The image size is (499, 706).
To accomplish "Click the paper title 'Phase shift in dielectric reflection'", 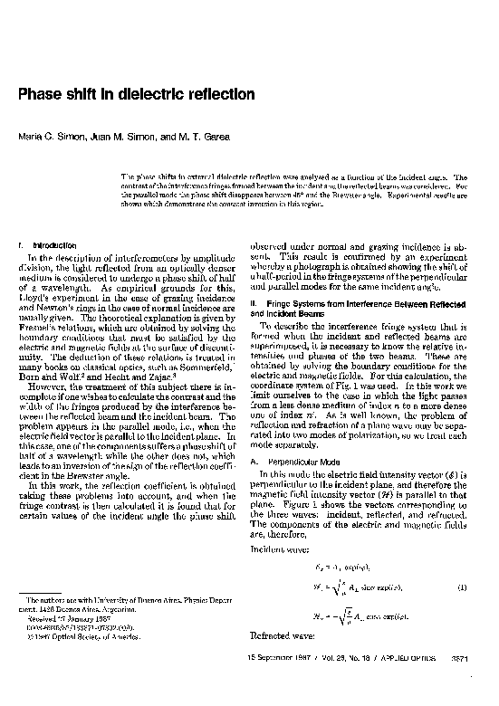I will point(136,94).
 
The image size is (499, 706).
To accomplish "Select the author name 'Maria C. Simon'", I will point(51,136).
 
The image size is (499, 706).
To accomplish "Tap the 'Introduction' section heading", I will point(46,245).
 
